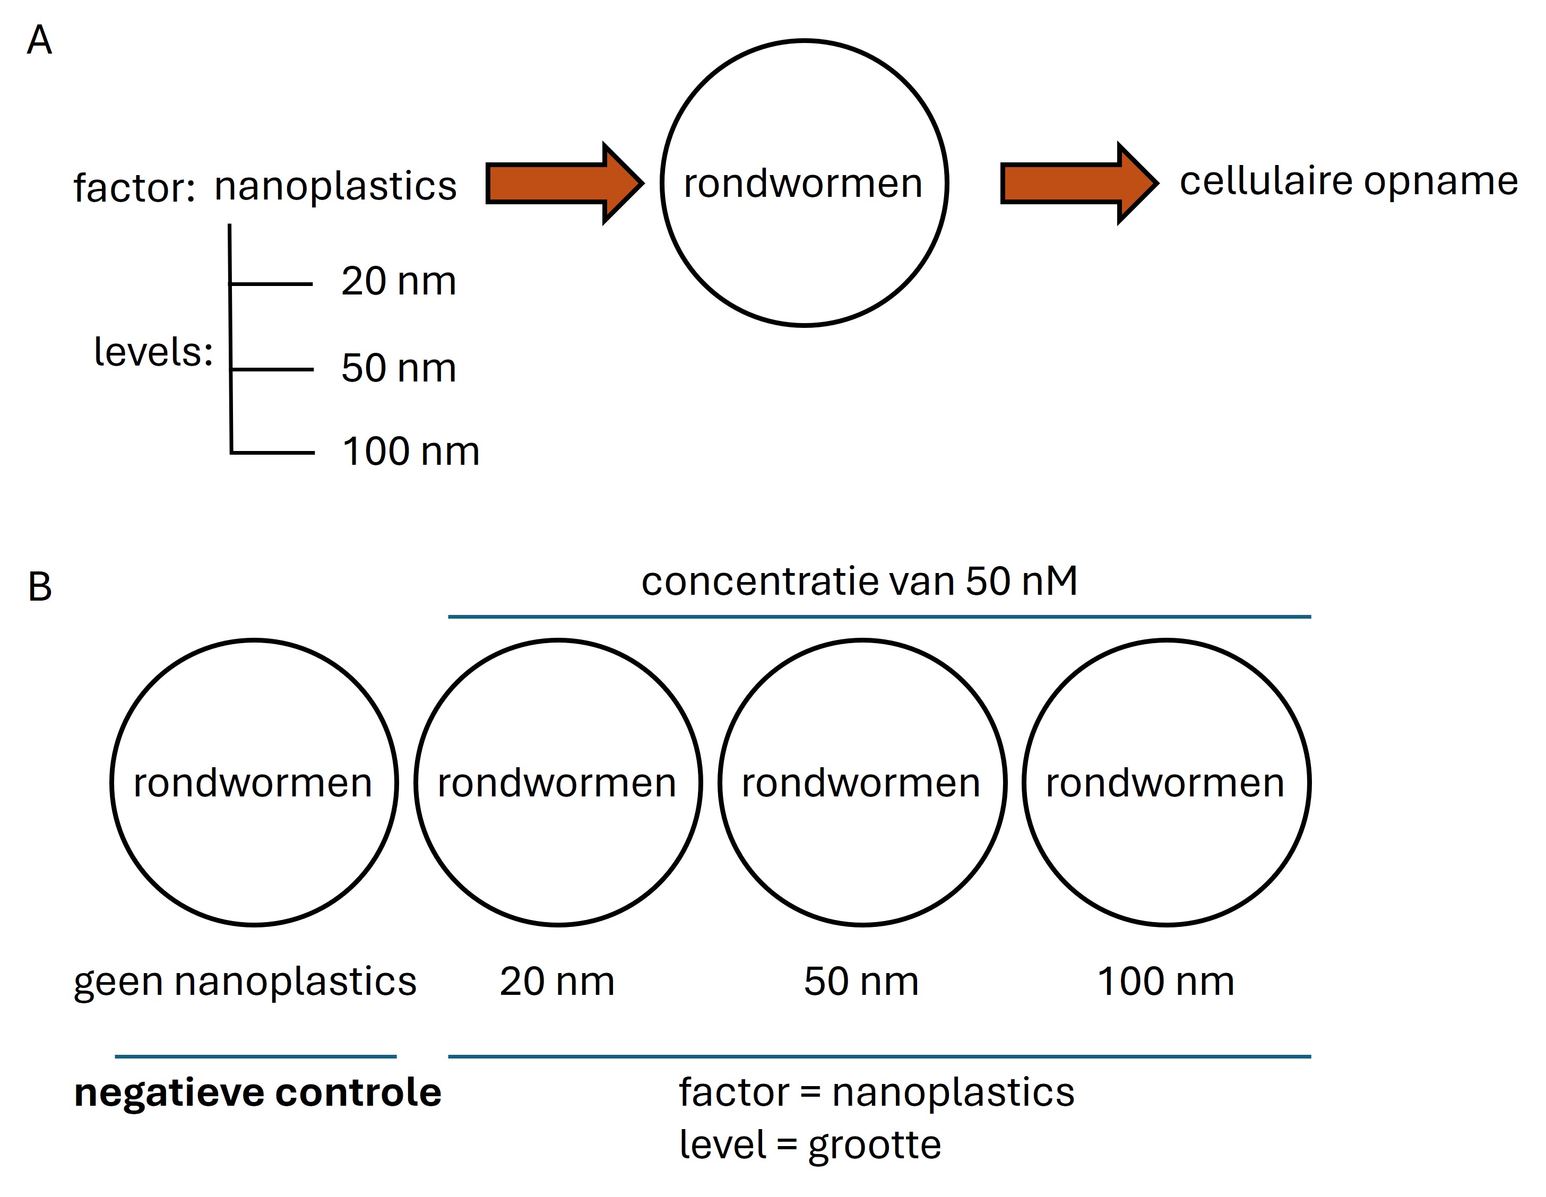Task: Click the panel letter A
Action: pos(40,40)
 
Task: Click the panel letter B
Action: pos(40,587)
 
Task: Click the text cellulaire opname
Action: pos(1349,181)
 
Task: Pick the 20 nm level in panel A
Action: pos(399,281)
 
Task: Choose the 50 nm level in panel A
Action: pos(399,368)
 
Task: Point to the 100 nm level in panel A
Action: pos(411,452)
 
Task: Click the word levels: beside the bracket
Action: pos(153,351)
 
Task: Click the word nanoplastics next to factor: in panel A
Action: pos(335,186)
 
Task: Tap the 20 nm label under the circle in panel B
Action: pos(557,981)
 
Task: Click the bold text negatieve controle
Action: pos(258,1092)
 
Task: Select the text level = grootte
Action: pos(810,1144)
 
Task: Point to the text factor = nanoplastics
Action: pos(876,1092)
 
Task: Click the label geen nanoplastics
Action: pos(245,981)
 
